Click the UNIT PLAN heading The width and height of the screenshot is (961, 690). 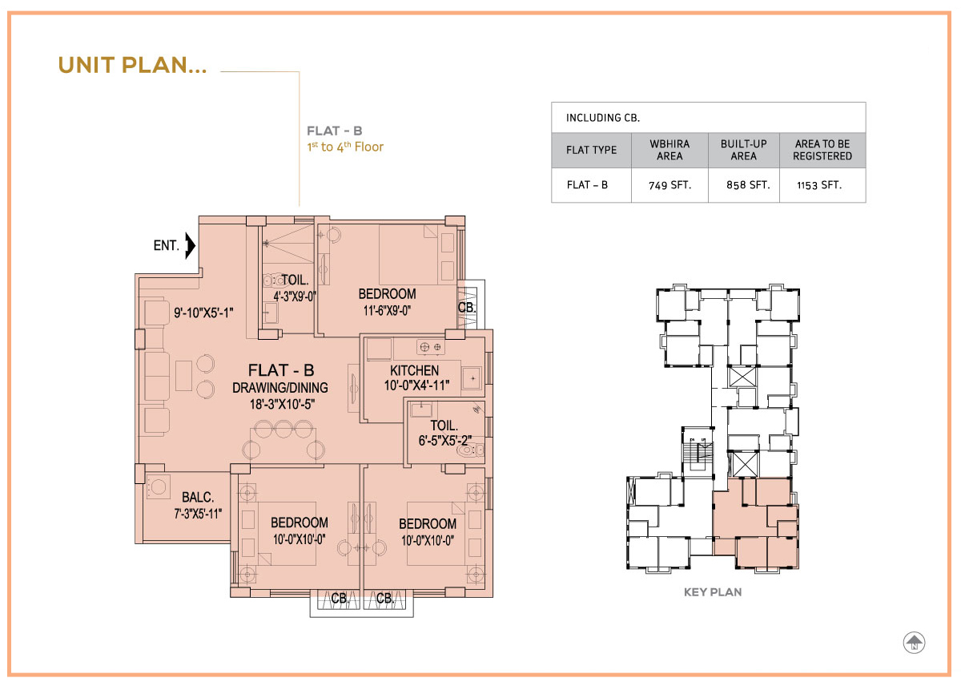(132, 65)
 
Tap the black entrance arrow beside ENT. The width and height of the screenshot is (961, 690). (190, 245)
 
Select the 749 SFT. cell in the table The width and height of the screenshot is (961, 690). (669, 185)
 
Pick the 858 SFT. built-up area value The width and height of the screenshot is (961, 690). (748, 185)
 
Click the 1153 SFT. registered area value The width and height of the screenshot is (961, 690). (819, 185)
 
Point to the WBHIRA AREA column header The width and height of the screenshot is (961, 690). (669, 150)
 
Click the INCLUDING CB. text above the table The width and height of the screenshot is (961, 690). (603, 118)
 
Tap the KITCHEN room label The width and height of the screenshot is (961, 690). (415, 370)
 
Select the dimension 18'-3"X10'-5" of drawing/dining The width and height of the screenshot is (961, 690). (282, 404)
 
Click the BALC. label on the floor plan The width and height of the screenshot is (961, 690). (198, 497)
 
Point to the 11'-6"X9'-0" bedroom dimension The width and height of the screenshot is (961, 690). (387, 310)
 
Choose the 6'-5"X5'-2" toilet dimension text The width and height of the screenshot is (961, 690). (445, 441)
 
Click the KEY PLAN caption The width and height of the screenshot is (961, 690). (713, 592)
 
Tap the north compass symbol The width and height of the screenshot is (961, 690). (914, 644)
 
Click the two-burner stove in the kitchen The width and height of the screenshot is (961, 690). (430, 347)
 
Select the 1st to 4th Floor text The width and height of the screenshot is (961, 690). (345, 147)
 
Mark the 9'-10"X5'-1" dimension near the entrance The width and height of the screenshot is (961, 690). (203, 313)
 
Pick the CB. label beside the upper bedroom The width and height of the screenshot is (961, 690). (467, 308)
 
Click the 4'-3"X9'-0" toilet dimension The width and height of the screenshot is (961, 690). (295, 296)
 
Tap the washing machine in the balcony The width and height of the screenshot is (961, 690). (157, 487)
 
